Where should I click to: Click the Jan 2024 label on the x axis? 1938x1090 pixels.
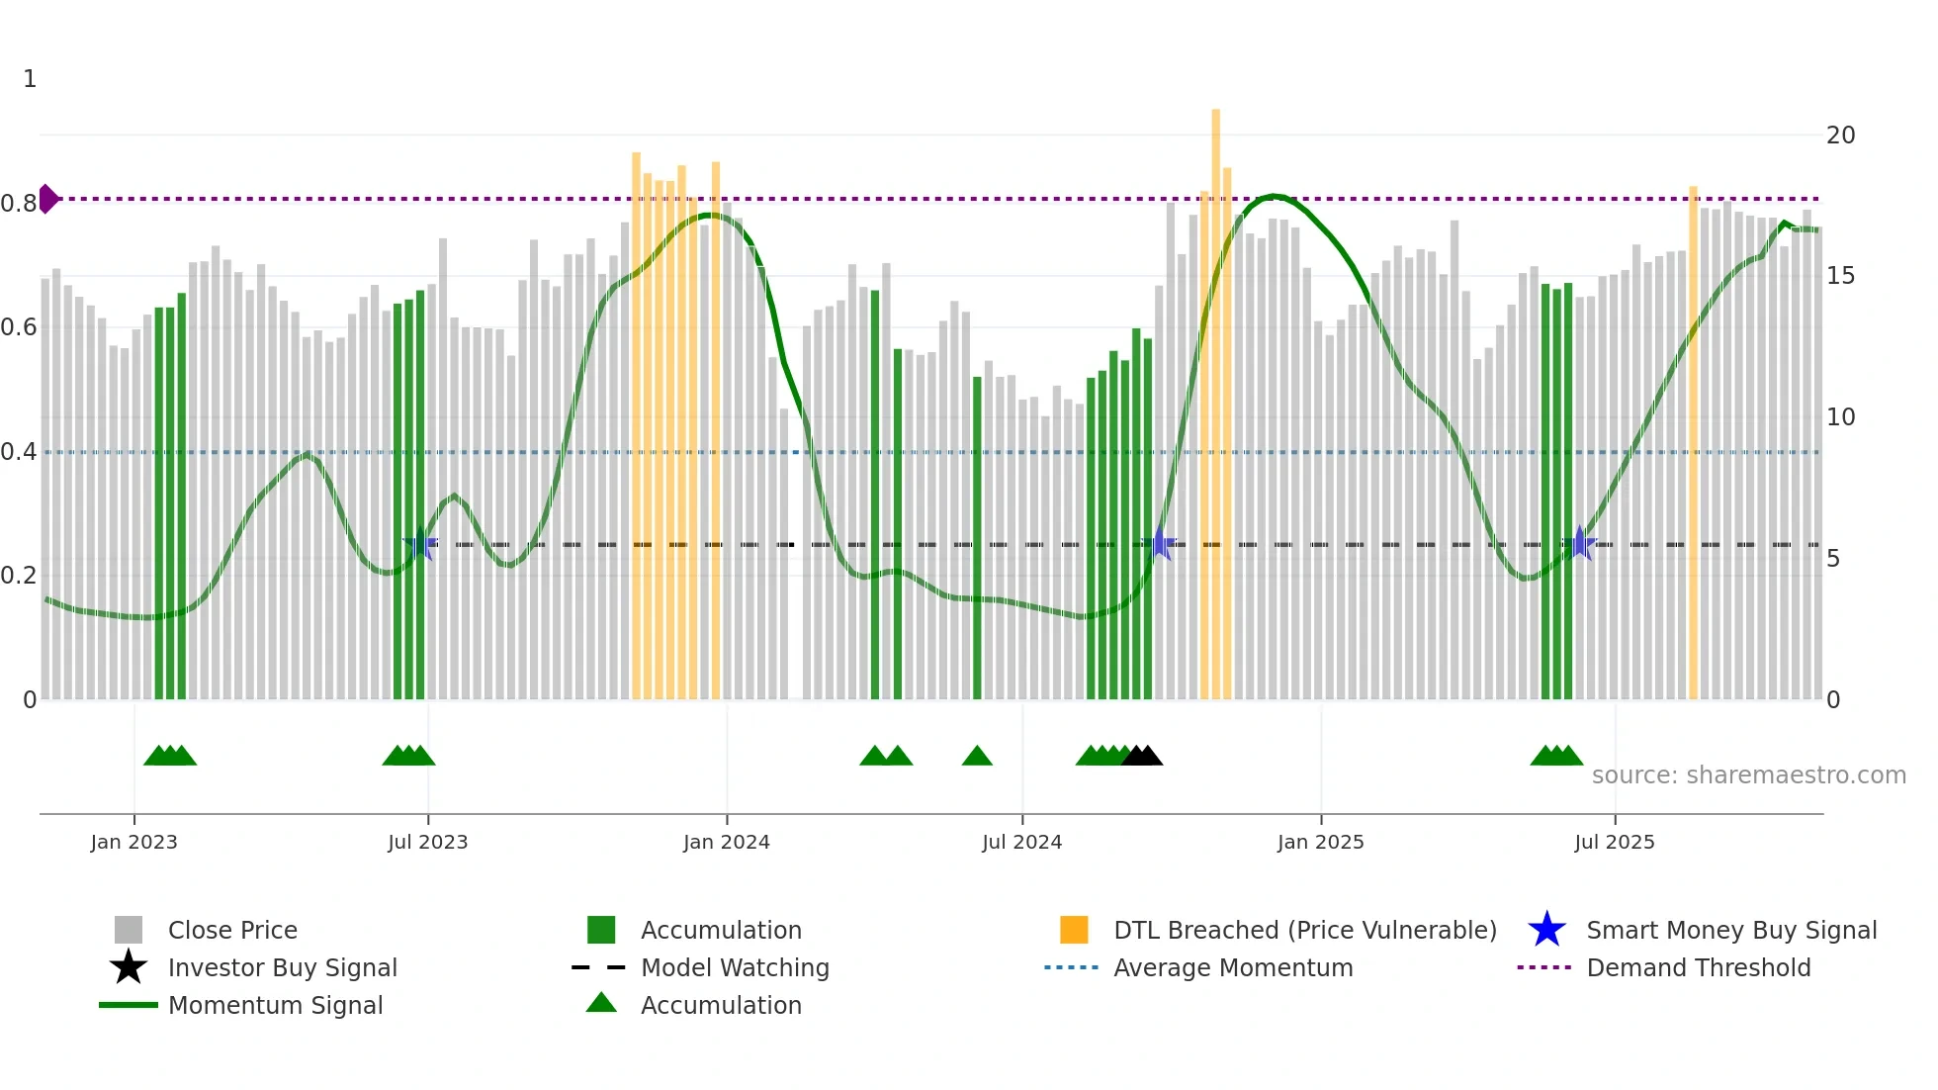(x=726, y=842)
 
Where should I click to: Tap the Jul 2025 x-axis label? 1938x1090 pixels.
(x=1614, y=842)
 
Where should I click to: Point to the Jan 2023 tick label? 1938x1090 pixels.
(x=133, y=842)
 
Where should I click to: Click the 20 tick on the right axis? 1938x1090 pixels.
(x=1840, y=136)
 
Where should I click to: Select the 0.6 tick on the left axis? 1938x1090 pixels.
(x=19, y=327)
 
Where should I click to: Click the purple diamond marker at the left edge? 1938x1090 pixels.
(x=47, y=199)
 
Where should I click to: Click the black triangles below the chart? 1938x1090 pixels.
(x=1142, y=756)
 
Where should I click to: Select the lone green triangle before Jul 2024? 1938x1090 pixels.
(x=977, y=756)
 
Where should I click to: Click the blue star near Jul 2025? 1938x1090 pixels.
(x=1579, y=544)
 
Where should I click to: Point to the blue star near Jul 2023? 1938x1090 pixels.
(x=420, y=544)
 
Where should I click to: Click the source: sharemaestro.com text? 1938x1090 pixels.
(x=1748, y=775)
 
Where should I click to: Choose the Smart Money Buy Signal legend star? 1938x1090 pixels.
(x=1546, y=930)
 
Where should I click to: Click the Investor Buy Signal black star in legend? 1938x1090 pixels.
(x=129, y=967)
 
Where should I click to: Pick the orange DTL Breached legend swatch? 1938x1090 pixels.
(x=1074, y=930)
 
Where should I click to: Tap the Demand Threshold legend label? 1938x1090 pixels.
(x=1698, y=967)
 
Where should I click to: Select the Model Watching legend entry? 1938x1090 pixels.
(x=735, y=967)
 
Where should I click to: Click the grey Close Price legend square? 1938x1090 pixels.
(x=129, y=930)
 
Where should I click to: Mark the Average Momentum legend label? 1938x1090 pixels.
(x=1233, y=967)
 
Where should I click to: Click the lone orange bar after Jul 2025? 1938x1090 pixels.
(x=1693, y=445)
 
